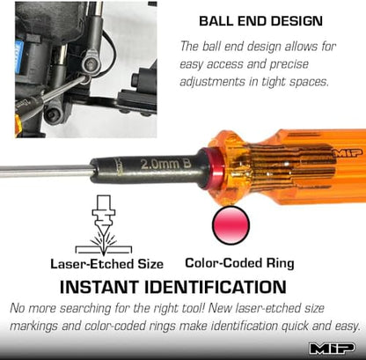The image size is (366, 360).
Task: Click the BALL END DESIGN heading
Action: (x=260, y=21)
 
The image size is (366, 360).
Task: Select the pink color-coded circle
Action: (x=231, y=225)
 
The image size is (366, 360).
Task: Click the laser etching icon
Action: (x=104, y=225)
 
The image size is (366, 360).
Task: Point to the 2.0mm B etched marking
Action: (x=166, y=164)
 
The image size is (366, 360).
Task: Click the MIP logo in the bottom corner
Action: (x=333, y=349)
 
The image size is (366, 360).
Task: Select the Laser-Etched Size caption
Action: (x=106, y=264)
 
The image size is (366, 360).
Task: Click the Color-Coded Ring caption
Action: (x=239, y=263)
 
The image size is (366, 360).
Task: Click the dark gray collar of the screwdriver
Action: (x=148, y=169)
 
